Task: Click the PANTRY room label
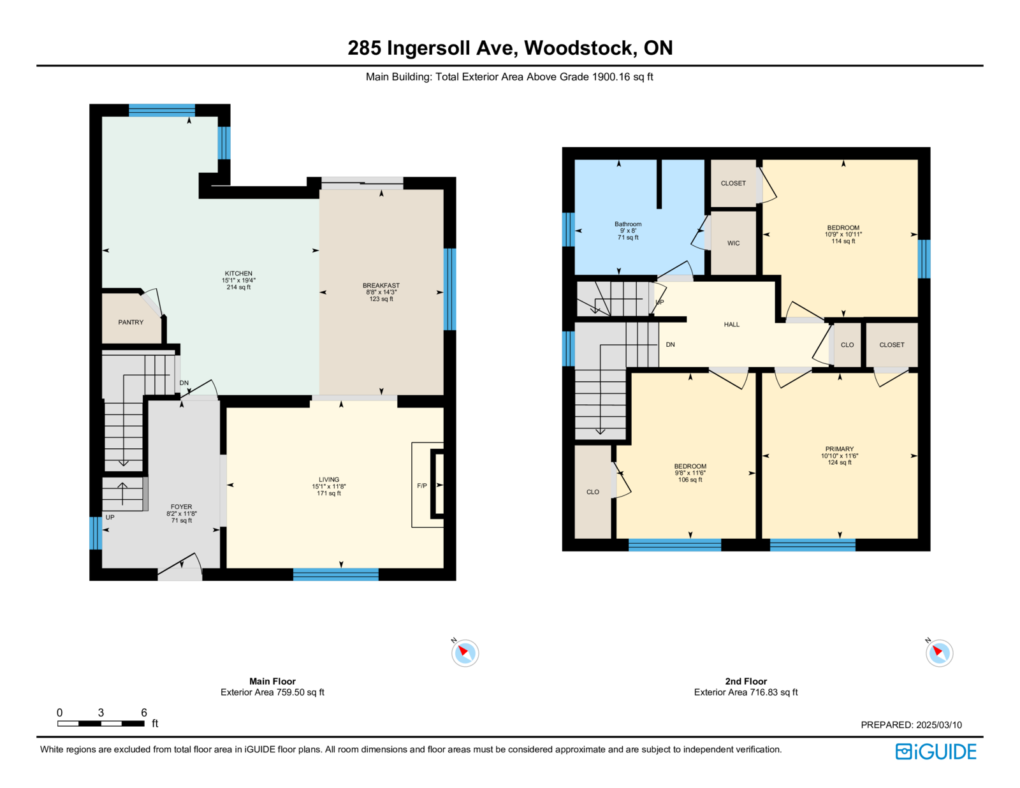tap(131, 322)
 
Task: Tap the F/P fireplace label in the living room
tap(422, 486)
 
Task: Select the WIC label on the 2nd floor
tap(733, 243)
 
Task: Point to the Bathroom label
tap(627, 224)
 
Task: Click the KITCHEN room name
tap(238, 273)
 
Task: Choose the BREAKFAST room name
tap(381, 286)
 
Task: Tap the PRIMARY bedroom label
tap(840, 449)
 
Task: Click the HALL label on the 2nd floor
tap(731, 325)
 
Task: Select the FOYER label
tap(181, 506)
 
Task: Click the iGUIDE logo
tap(935, 752)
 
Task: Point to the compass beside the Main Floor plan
tap(465, 653)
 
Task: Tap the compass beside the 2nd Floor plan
tap(939, 653)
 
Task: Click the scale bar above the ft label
tap(101, 723)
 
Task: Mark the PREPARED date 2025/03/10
tap(939, 725)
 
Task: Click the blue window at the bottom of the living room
tap(335, 574)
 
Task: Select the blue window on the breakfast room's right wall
tap(449, 289)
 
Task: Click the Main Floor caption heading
tap(272, 681)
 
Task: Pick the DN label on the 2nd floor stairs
tap(670, 344)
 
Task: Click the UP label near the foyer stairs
tap(110, 517)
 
